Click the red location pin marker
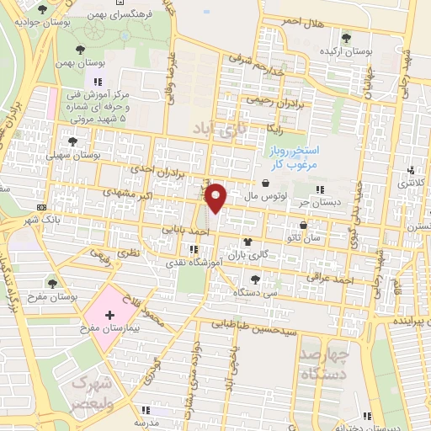click(216, 197)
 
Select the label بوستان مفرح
click(54, 295)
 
